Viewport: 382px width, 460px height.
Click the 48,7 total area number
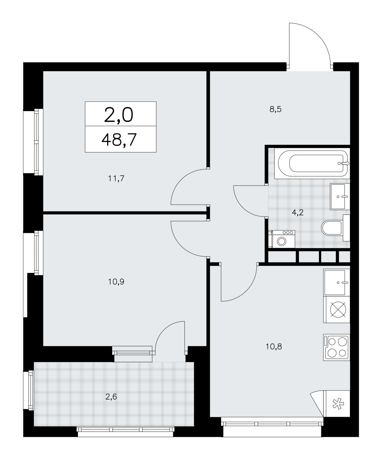click(119, 140)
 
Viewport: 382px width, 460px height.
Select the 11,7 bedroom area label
click(116, 178)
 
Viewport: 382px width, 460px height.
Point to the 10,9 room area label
click(116, 282)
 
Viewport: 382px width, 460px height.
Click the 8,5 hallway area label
click(276, 109)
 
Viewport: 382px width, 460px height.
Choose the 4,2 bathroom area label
click(298, 213)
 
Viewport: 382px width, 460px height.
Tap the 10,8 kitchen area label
click(274, 346)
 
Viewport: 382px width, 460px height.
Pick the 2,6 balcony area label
click(111, 397)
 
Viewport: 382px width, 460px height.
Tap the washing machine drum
click(281, 241)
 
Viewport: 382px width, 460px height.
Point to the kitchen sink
click(336, 282)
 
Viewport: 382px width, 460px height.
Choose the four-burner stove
click(336, 347)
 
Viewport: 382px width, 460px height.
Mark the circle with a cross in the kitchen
click(338, 310)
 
